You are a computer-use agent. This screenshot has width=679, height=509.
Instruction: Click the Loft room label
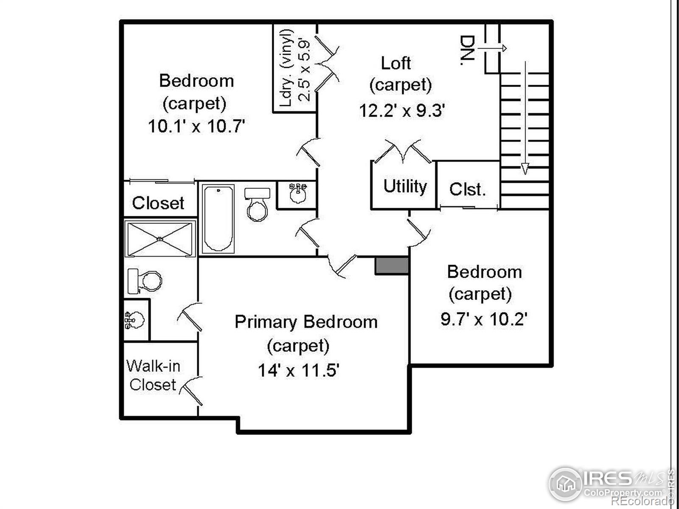pos(396,64)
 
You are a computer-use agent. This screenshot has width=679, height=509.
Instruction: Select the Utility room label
pos(405,187)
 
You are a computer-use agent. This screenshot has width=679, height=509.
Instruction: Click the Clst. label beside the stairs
pos(467,189)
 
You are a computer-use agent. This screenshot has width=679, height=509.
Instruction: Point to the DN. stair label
pos(467,50)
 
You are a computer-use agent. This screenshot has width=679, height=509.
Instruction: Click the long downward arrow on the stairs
pos(525,119)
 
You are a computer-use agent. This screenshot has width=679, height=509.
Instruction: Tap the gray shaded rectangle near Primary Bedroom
pos(391,266)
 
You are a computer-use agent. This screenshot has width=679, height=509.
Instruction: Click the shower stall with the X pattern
pos(160,239)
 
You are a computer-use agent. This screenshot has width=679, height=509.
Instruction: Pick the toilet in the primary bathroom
pos(145,281)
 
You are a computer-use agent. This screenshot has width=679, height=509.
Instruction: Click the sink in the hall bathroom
pos(297,194)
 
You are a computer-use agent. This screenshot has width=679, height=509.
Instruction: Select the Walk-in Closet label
pos(153,375)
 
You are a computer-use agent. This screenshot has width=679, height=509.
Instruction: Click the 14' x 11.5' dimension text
pos(298,371)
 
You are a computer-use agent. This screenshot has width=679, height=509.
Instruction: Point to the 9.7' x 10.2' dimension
pos(484,319)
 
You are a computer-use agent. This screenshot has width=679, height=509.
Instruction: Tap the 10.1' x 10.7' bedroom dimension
pos(196,126)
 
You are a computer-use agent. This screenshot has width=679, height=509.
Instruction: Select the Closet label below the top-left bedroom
pos(158,203)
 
